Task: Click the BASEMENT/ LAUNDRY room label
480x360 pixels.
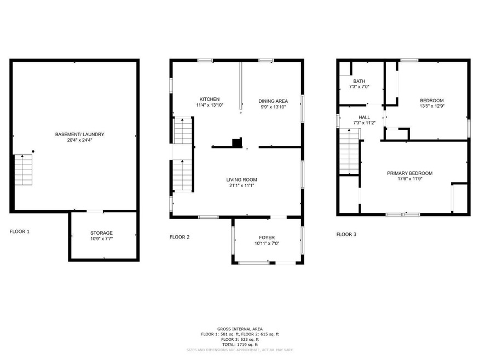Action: (x=79, y=135)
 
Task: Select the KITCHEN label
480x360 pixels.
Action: (x=210, y=99)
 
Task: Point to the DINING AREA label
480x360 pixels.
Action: (x=273, y=101)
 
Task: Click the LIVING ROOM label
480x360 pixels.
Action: (x=241, y=179)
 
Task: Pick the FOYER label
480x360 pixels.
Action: (x=267, y=237)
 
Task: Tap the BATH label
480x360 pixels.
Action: (x=358, y=81)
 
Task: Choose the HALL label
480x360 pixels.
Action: (x=364, y=117)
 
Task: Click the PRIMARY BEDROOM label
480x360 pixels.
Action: (x=409, y=173)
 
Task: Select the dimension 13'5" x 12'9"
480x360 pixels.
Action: (x=431, y=106)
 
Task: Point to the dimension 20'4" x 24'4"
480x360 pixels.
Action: (x=79, y=140)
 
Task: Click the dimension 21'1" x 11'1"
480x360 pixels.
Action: (x=241, y=185)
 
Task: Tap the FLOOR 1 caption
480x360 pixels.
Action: (x=20, y=231)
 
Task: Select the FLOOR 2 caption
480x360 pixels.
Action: (x=179, y=237)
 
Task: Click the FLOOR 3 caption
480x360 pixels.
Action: (x=346, y=234)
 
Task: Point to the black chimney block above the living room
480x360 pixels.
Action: (x=237, y=143)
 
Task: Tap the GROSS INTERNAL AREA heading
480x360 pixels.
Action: (x=240, y=328)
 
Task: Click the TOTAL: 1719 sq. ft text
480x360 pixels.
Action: (x=240, y=344)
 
